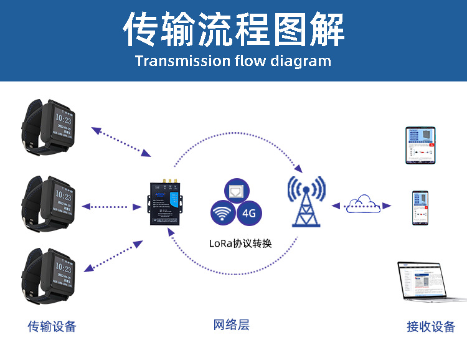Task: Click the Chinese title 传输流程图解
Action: pos(233,29)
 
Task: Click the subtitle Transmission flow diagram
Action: pos(233,61)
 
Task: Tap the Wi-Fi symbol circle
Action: pos(222,214)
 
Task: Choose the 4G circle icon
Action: pos(249,214)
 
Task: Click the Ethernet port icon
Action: pos(237,191)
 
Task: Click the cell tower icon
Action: pos(306,201)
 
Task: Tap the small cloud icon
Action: pos(362,204)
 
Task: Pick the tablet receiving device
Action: pos(420,146)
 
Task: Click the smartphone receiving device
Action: pos(421,208)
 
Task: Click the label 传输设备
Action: pos(52,326)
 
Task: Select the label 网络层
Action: pos(231,324)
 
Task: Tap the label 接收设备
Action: pos(431,326)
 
